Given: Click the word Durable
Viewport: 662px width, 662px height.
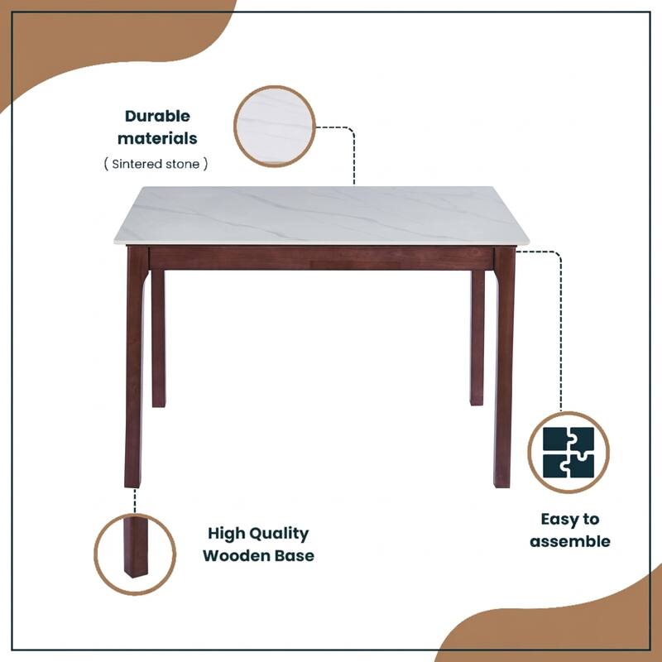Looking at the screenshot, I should coord(157,117).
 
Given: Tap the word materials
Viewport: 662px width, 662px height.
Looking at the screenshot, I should coord(157,138).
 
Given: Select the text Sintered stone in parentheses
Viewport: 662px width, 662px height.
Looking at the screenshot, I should coord(156,164).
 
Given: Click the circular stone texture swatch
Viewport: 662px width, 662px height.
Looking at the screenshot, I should coord(275,127).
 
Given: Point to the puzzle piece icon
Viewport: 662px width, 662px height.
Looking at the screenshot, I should coord(568,453).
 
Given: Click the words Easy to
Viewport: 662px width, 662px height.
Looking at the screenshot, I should coord(570,520).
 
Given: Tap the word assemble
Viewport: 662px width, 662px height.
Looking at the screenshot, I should coord(570,542).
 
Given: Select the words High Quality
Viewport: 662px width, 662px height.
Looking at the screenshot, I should coord(258,534).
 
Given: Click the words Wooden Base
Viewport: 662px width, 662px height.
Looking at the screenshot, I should coord(258,555).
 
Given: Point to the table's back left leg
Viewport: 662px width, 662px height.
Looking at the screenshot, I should coord(158,339).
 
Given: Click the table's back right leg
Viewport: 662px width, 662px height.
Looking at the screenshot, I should coord(477,339).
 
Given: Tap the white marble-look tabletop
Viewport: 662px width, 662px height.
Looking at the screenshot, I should coord(323,215).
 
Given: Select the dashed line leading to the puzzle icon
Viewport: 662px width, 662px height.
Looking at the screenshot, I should coord(561,331).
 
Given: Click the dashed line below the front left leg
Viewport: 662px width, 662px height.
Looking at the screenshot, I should coord(135,500).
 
